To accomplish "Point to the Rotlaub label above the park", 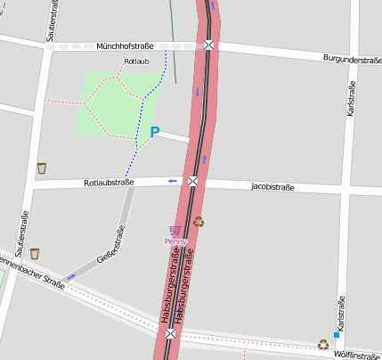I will tap(136, 61).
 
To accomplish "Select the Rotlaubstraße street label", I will tap(109, 183).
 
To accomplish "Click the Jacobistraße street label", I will tap(273, 187).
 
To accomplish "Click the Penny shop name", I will tap(175, 241).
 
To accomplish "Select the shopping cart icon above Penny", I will tap(175, 230).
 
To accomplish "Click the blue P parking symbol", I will tap(154, 133).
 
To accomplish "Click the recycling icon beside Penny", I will tap(199, 221).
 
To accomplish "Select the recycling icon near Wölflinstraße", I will tap(322, 344).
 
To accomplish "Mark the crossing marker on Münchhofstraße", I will tap(208, 45).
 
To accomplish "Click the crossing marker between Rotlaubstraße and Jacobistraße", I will tap(192, 182).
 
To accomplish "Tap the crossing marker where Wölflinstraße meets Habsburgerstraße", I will tap(170, 333).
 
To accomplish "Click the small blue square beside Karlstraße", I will tap(337, 335).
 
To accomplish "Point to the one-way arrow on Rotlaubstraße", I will tap(172, 182).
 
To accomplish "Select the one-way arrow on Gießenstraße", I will tap(71, 277).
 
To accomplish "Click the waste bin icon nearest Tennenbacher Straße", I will tap(34, 254).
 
